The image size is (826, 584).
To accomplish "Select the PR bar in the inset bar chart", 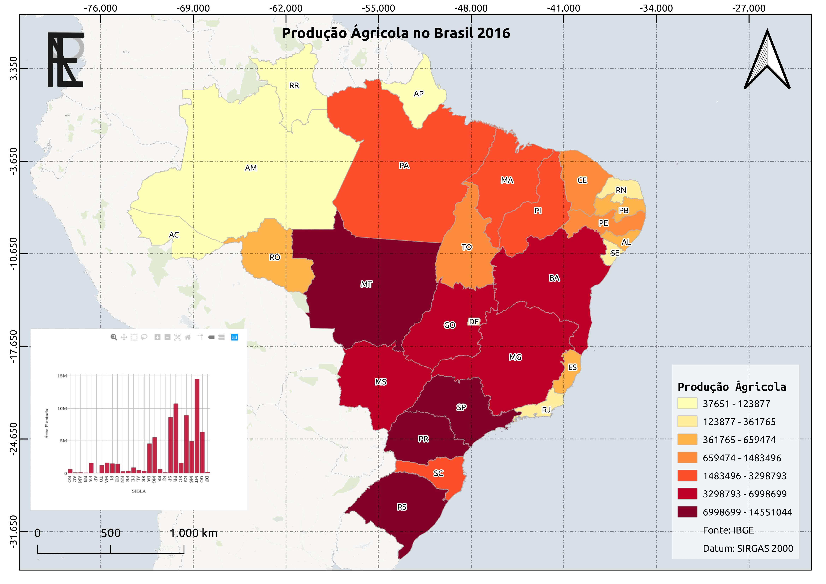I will (176, 438).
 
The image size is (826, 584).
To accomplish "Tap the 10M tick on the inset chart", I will (62, 409).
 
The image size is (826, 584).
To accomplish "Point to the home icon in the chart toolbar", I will (187, 337).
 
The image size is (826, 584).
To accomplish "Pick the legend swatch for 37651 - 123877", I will (687, 404).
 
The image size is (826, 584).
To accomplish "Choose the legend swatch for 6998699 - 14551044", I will (687, 512).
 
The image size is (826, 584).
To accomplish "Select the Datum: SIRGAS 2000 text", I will (748, 548).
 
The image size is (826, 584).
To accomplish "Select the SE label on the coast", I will (615, 253).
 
